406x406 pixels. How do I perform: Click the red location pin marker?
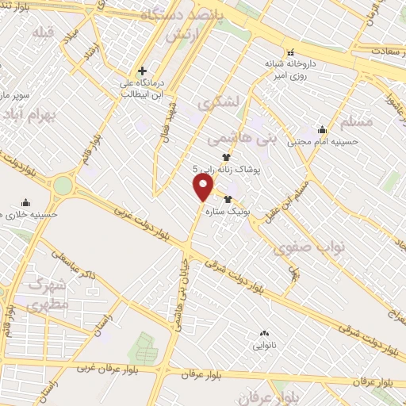203,188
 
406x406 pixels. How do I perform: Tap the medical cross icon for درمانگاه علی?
142,71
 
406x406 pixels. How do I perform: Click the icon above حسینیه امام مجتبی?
322,130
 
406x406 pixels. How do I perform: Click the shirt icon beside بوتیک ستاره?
228,199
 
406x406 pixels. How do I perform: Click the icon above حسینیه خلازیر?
25,201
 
